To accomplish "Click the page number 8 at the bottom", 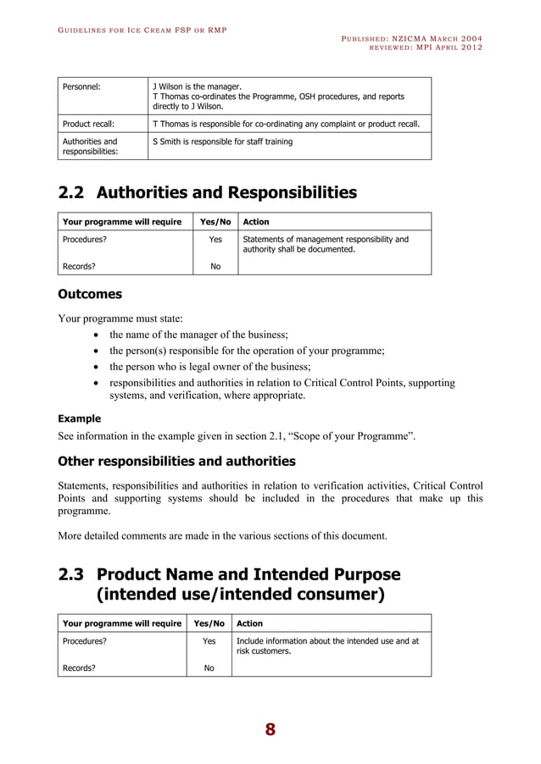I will (x=270, y=729).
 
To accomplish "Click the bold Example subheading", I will (x=79, y=418).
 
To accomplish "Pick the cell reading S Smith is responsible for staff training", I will (x=222, y=141).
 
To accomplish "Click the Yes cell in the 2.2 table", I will (x=215, y=240).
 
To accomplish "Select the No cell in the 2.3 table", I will (x=209, y=667).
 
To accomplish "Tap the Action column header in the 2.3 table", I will (x=249, y=623).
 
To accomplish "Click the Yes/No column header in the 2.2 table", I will (x=215, y=222).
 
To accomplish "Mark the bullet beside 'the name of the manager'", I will (x=98, y=335).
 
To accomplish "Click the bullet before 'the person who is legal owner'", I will (x=98, y=367).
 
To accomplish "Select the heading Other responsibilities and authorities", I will (x=176, y=462).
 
